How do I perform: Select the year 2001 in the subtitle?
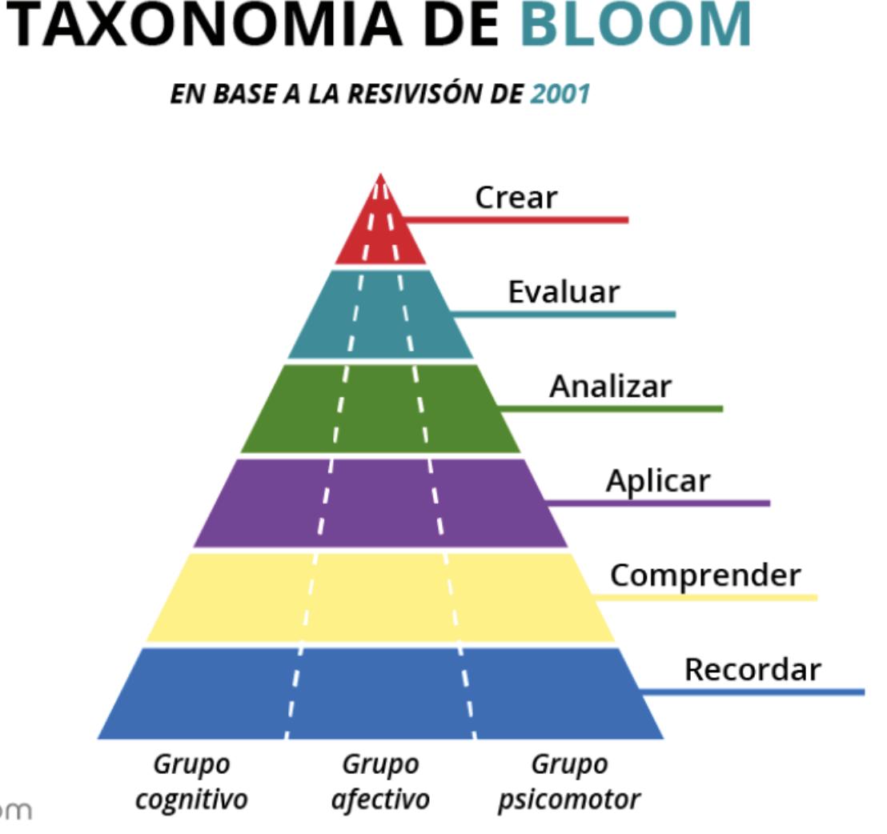click(560, 94)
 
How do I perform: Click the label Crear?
click(516, 197)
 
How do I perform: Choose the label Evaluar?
click(564, 292)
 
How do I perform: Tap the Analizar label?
click(610, 387)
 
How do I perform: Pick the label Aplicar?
click(657, 481)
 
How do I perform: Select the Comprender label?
click(704, 575)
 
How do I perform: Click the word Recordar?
click(753, 669)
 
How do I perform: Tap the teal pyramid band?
click(381, 316)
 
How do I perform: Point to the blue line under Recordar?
click(761, 692)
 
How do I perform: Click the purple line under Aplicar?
click(664, 503)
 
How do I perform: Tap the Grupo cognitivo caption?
click(191, 782)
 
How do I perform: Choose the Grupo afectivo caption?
click(380, 782)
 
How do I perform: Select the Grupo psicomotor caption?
click(569, 782)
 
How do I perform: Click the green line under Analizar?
click(616, 409)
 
